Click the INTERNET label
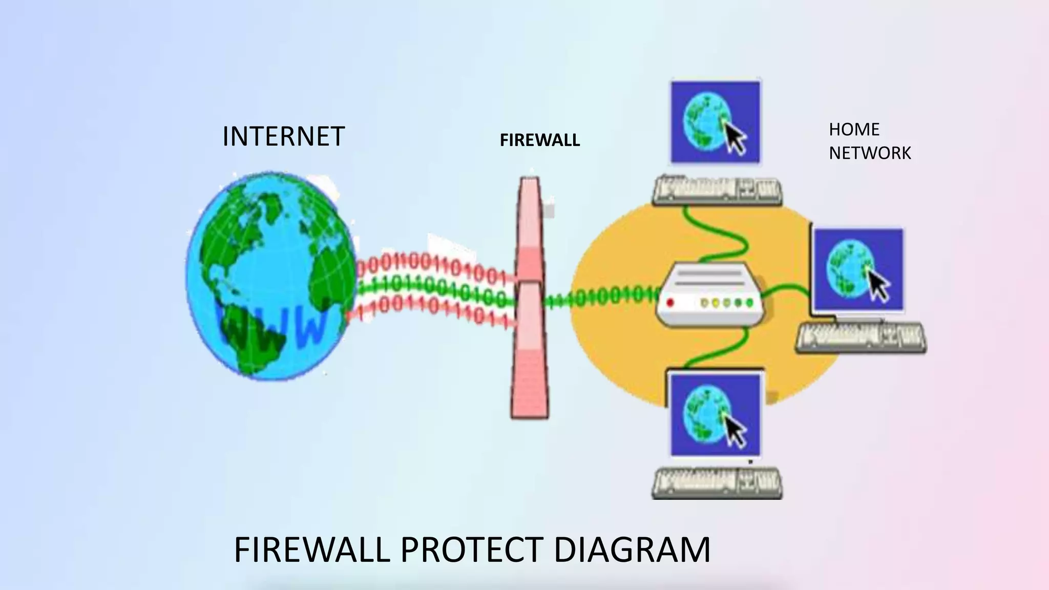[x=283, y=137]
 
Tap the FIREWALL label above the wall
[x=539, y=140]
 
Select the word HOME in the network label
[x=854, y=130]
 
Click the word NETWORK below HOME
[x=870, y=153]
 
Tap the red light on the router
[x=670, y=303]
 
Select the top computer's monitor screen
[x=715, y=122]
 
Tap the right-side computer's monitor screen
[x=858, y=270]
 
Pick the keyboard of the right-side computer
[x=861, y=338]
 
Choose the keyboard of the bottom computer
[x=717, y=483]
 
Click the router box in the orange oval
[x=709, y=293]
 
